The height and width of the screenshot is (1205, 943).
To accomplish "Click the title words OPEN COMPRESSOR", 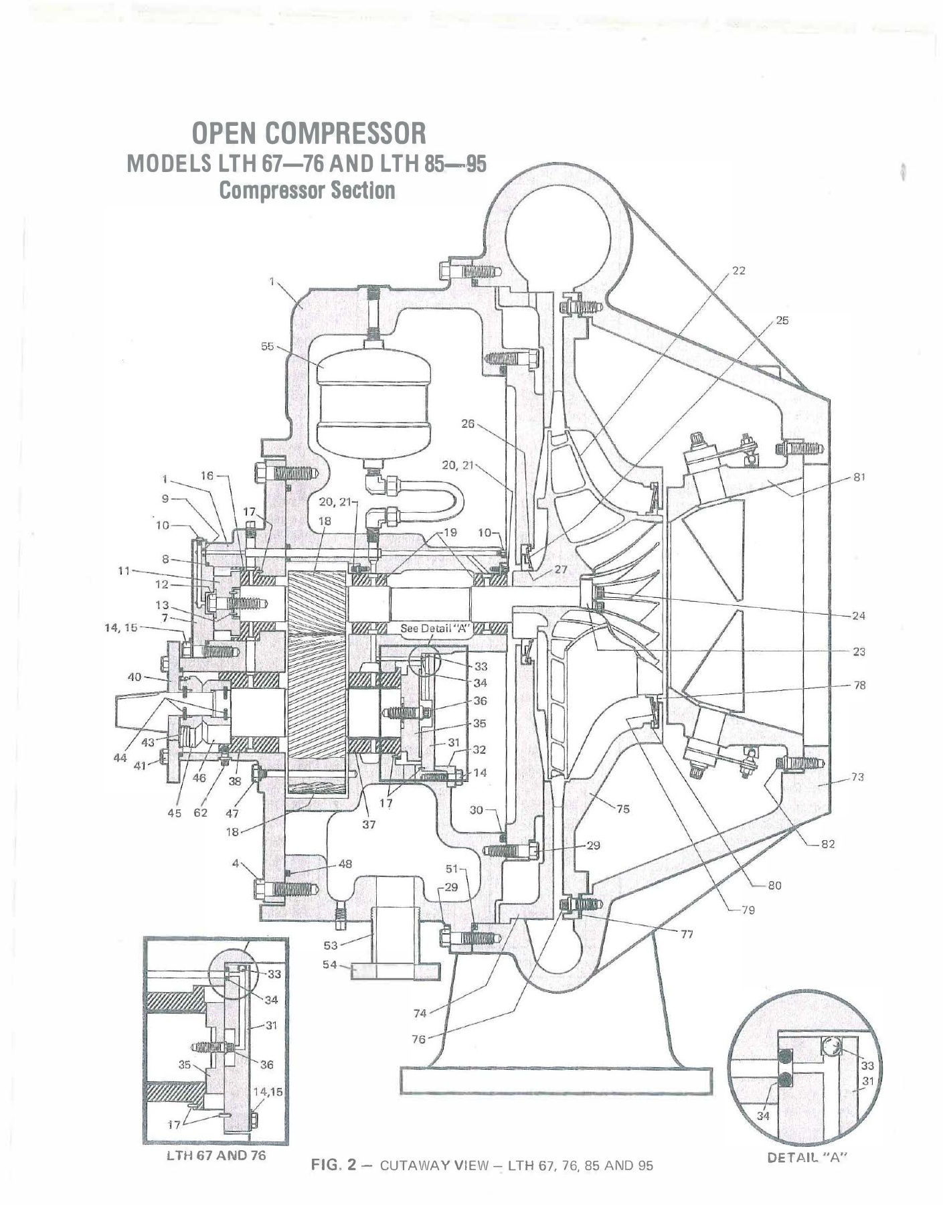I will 309,133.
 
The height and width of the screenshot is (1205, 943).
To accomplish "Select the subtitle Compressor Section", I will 307,191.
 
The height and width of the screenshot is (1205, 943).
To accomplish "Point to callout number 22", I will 738,270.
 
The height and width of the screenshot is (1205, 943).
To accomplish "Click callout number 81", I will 859,477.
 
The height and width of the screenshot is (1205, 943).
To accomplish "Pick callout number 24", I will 859,615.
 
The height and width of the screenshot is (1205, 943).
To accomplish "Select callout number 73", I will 857,777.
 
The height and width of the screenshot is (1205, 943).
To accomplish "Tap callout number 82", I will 828,843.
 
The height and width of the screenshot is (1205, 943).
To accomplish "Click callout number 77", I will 687,934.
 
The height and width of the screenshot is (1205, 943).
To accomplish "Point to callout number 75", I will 622,809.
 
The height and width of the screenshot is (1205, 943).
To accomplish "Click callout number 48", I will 345,864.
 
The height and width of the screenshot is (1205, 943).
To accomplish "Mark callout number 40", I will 135,676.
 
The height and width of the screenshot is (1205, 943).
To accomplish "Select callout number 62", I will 201,813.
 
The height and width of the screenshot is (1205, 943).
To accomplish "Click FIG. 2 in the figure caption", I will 327,1166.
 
